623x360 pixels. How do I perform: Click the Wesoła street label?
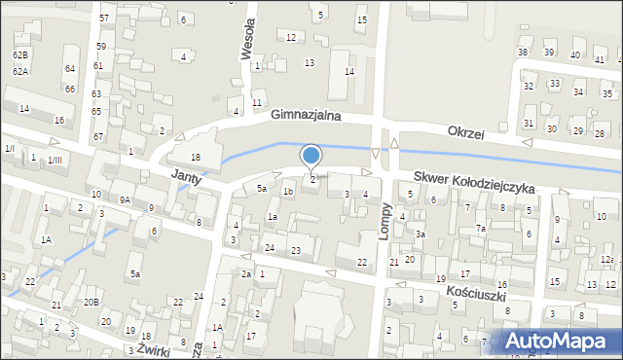pos(247,36)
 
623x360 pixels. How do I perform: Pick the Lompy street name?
pos(386,226)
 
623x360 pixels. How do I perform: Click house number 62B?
pos(20,55)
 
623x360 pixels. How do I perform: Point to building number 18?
pos(195,157)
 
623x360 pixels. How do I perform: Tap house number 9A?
pos(125,199)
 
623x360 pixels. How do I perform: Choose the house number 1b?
pos(287,191)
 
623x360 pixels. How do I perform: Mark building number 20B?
pos(91,302)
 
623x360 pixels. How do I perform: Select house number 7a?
pos(480,228)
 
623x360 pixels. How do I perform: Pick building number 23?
pos(295,251)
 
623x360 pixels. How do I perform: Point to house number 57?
pos(103,18)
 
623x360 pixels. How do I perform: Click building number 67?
pos(98,136)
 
